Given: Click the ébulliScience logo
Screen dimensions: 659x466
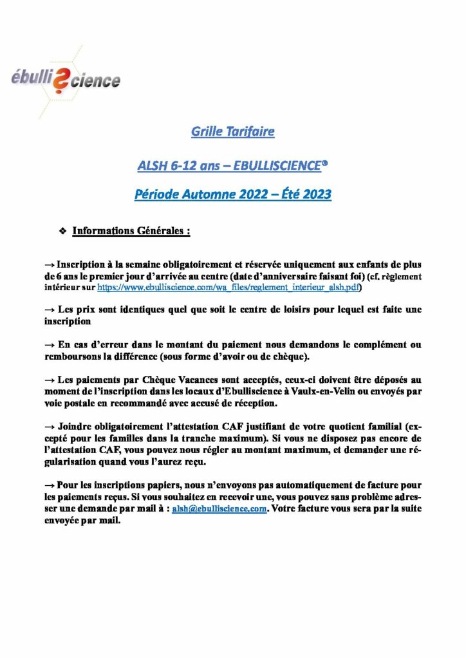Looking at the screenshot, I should [x=66, y=80].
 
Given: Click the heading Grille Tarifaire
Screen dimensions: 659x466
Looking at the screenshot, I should [x=233, y=132].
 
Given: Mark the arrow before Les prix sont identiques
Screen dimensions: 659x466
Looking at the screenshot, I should [x=50, y=310].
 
